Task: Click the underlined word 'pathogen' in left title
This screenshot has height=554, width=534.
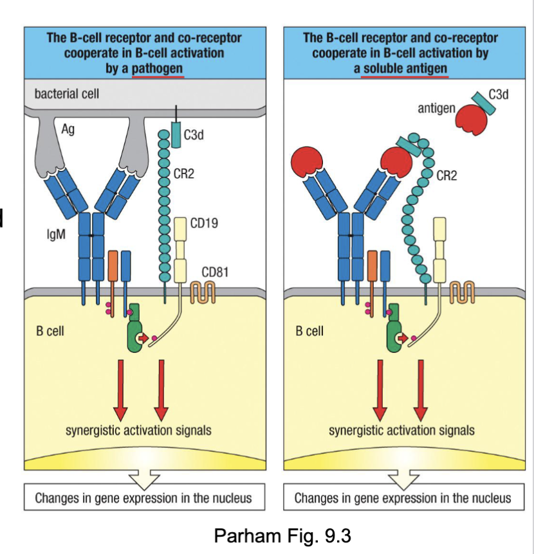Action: (x=158, y=67)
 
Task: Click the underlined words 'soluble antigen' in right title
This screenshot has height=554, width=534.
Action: (x=403, y=68)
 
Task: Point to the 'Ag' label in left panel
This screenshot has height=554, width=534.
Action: (x=68, y=130)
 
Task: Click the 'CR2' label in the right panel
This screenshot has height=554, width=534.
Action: (x=447, y=175)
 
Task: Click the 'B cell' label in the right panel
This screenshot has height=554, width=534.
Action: (x=309, y=332)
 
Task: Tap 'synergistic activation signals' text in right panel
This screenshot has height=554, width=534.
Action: (x=401, y=430)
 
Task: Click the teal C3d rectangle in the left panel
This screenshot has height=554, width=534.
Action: (x=177, y=135)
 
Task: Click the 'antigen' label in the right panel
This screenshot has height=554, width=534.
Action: (x=437, y=107)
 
